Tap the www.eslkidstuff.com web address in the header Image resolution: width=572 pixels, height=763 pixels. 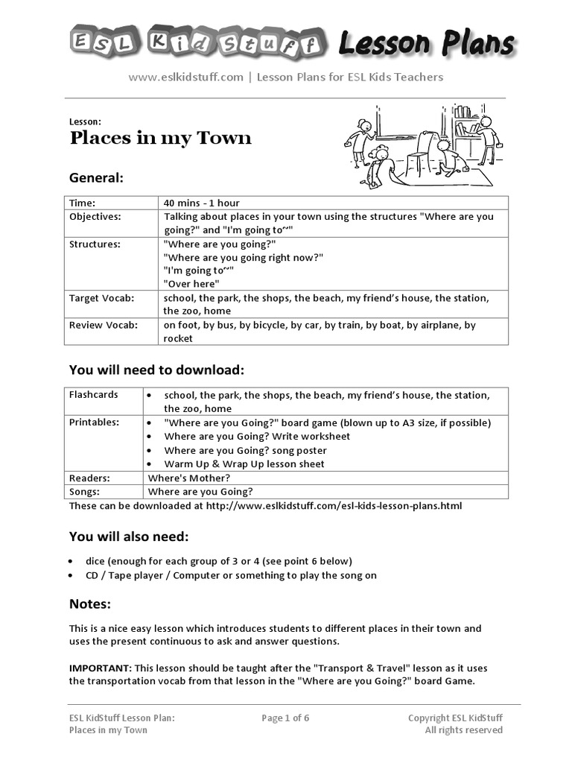point(185,77)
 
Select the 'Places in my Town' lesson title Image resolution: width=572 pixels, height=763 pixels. point(160,138)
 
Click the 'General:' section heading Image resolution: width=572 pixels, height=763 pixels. point(96,178)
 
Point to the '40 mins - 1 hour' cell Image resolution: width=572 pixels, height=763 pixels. point(201,203)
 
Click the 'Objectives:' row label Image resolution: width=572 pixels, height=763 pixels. point(95,216)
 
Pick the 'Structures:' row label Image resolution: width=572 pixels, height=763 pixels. point(95,244)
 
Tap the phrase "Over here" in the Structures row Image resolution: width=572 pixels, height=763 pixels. point(191,284)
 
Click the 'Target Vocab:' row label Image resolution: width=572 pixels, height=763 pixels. point(101,298)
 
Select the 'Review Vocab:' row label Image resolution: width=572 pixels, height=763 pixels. point(103,325)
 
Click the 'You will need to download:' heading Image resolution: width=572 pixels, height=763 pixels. point(156,370)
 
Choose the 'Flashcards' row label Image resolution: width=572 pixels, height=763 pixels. point(94,395)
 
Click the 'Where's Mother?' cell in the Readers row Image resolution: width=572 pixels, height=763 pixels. point(189,478)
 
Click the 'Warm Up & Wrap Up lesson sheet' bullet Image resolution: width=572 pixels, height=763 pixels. point(244,463)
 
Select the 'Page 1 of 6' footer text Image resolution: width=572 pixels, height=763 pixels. point(285,718)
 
